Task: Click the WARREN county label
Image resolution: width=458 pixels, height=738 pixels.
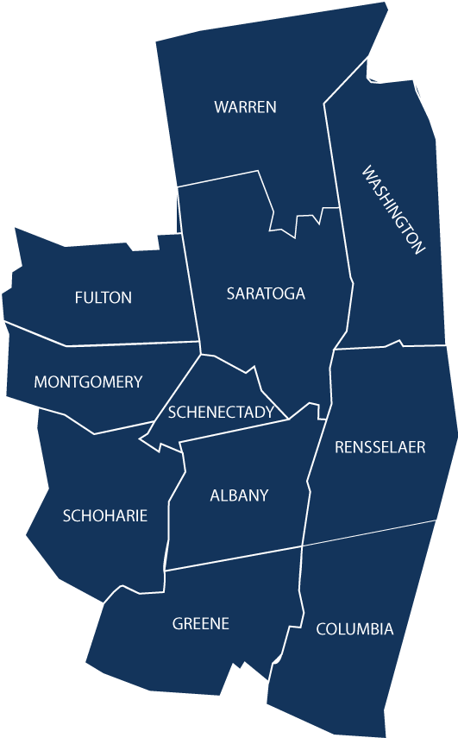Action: click(x=245, y=107)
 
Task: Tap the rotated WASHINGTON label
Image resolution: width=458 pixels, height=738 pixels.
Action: click(x=393, y=210)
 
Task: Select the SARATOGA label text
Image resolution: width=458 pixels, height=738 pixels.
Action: click(x=266, y=293)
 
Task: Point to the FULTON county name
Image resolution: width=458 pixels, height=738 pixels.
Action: click(x=104, y=298)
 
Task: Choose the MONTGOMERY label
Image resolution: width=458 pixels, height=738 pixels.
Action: click(x=88, y=382)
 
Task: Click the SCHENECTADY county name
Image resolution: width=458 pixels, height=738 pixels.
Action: click(x=221, y=412)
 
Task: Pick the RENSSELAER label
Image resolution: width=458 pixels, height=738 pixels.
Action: click(x=380, y=447)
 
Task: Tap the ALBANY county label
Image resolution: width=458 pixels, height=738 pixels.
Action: click(x=239, y=495)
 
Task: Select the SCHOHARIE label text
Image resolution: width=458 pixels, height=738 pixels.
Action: click(x=105, y=516)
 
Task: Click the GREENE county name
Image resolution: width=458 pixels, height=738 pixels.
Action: click(x=201, y=623)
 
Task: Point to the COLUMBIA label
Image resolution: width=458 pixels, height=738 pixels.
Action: click(x=354, y=629)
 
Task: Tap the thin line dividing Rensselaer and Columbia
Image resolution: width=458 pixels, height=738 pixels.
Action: click(x=371, y=533)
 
